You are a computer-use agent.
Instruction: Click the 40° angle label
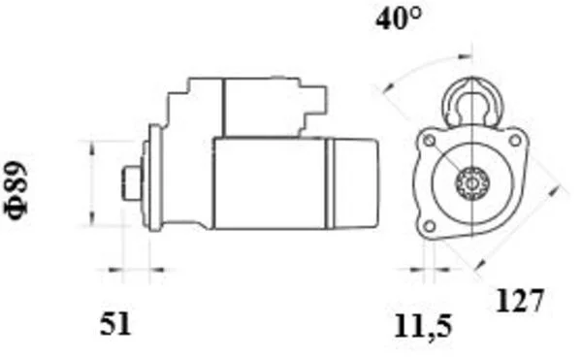click(399, 19)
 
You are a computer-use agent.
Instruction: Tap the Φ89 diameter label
click(16, 189)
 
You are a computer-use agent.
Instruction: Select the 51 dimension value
click(115, 324)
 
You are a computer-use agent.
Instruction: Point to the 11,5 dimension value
click(423, 327)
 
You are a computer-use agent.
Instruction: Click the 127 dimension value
click(520, 300)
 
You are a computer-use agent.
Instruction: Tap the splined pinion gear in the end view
click(472, 183)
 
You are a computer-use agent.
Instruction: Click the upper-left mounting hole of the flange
click(430, 141)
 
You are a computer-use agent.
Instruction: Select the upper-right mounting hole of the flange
click(515, 141)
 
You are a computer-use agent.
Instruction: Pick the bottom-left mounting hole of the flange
click(430, 226)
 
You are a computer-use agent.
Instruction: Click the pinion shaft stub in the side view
click(131, 183)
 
